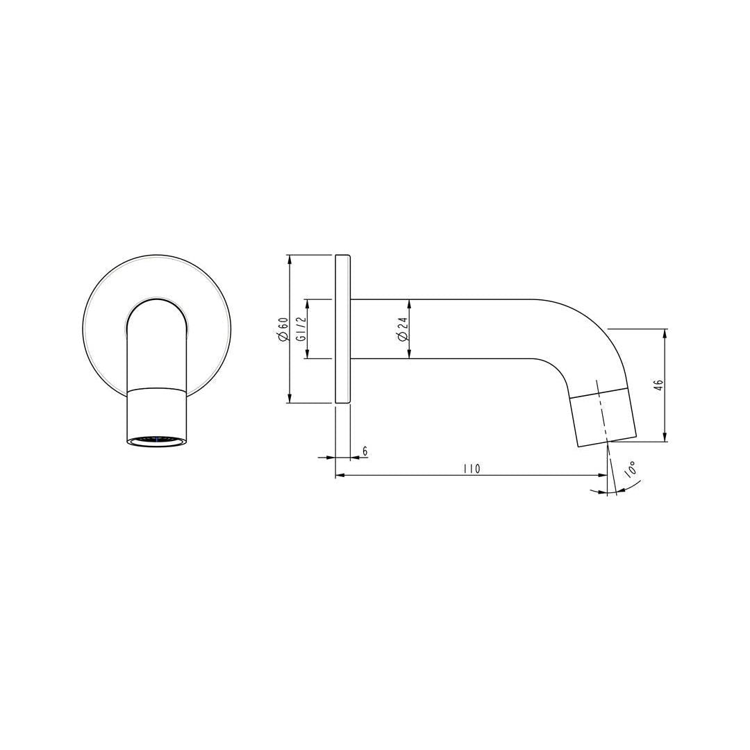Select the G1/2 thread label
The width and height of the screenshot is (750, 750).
point(301,328)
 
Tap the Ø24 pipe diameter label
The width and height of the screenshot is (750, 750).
point(402,329)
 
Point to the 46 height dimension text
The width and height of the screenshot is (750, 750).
point(658,385)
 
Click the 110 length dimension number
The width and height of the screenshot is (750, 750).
point(472,469)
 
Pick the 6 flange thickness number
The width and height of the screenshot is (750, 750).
point(365,451)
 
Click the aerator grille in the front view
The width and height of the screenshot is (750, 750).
point(157,440)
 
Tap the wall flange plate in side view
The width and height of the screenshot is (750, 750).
point(343,329)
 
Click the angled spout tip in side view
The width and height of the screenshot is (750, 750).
point(604,417)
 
